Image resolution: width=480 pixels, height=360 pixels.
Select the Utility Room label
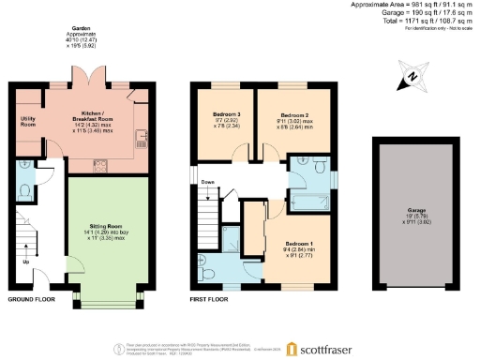point(26,122)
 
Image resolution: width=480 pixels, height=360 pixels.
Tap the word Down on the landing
point(207,183)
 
